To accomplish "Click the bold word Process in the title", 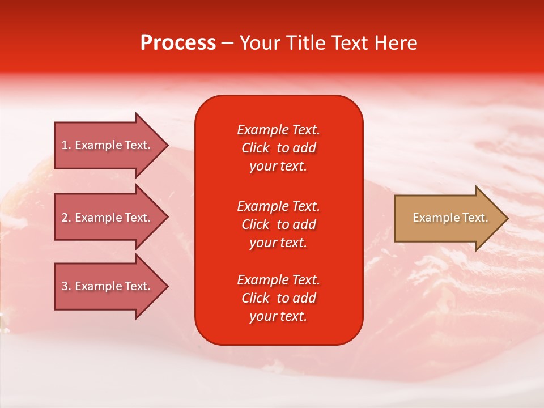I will pos(178,43).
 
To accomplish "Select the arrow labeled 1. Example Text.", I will pos(105,145).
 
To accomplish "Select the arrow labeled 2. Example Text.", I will pos(105,218).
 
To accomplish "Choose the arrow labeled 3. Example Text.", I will pos(105,286).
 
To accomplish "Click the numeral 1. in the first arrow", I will pos(66,145).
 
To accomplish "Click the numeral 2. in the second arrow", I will pos(66,218).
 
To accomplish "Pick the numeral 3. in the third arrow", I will pos(66,286).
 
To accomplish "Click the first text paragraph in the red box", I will pos(278,148).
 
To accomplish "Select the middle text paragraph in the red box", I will pos(278,224).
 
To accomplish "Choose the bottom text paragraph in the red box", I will pos(278,298).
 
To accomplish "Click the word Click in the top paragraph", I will pos(255,148).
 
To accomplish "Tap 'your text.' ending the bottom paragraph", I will pos(278,316).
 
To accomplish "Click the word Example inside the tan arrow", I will pos(431,218).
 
